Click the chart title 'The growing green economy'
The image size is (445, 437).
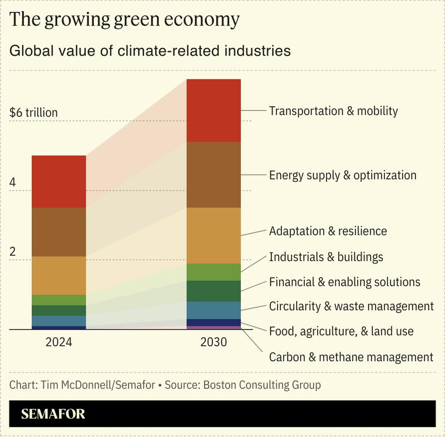(x=125, y=19)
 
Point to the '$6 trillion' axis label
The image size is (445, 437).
(x=33, y=113)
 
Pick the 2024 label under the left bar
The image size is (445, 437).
(x=58, y=342)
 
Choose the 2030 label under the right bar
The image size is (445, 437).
(x=213, y=342)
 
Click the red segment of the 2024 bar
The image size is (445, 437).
(x=58, y=182)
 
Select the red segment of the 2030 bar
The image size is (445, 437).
(x=213, y=111)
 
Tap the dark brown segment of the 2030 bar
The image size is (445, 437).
(x=213, y=175)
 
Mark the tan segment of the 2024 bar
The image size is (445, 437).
(x=58, y=275)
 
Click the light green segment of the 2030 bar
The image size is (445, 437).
(x=213, y=272)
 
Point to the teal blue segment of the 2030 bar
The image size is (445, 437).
(x=213, y=310)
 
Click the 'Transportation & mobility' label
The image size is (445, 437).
(x=333, y=111)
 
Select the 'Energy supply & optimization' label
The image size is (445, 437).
(x=342, y=175)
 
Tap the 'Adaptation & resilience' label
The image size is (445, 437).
(x=328, y=231)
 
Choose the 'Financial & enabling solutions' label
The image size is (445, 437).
(x=344, y=282)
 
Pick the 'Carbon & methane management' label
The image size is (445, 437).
(x=350, y=357)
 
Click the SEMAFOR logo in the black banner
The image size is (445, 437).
(x=53, y=414)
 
